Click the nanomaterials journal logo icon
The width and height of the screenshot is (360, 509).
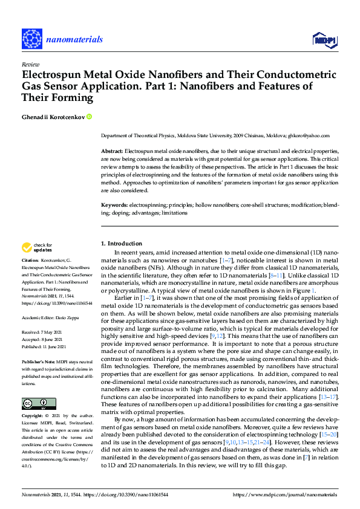click(32, 39)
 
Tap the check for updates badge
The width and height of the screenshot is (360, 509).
click(37, 247)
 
